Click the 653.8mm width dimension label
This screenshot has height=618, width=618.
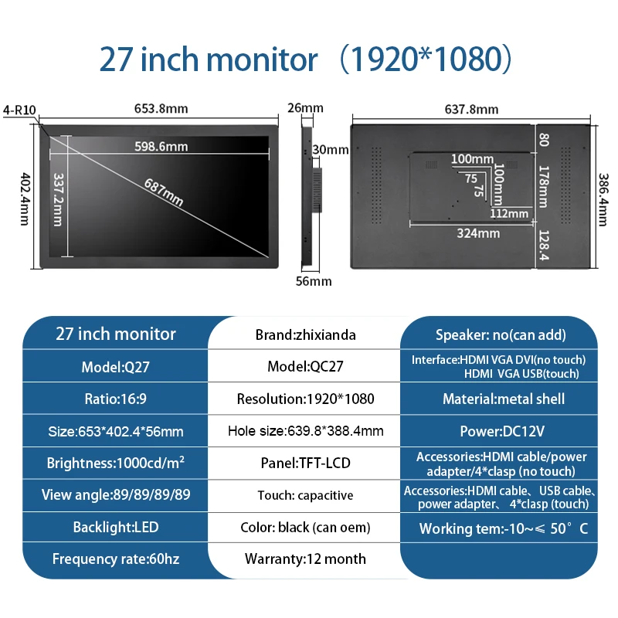(x=161, y=108)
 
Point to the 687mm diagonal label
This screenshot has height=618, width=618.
(x=164, y=192)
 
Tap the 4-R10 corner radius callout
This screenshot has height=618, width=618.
(x=19, y=110)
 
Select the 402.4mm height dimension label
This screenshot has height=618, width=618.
(x=25, y=199)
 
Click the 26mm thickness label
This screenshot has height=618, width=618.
(x=305, y=107)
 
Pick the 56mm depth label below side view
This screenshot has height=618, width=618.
(x=314, y=281)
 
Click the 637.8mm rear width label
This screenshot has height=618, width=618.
(x=471, y=109)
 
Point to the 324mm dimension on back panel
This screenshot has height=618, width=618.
(x=478, y=233)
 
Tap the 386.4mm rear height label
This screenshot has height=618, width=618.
(x=603, y=200)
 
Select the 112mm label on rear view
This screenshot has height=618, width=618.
(x=509, y=214)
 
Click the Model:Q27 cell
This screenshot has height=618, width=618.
(x=115, y=368)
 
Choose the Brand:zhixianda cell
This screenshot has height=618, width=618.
(x=305, y=335)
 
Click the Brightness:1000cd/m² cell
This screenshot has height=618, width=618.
(x=115, y=463)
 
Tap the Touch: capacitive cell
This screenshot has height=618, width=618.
(x=305, y=495)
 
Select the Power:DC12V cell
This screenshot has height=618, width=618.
(x=502, y=431)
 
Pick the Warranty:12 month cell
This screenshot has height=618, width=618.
(x=305, y=559)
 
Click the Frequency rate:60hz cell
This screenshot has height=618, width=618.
(x=115, y=559)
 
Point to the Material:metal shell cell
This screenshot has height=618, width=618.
(x=504, y=399)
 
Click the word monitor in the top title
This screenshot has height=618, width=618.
(x=262, y=59)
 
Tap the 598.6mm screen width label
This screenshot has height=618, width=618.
(x=161, y=147)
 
